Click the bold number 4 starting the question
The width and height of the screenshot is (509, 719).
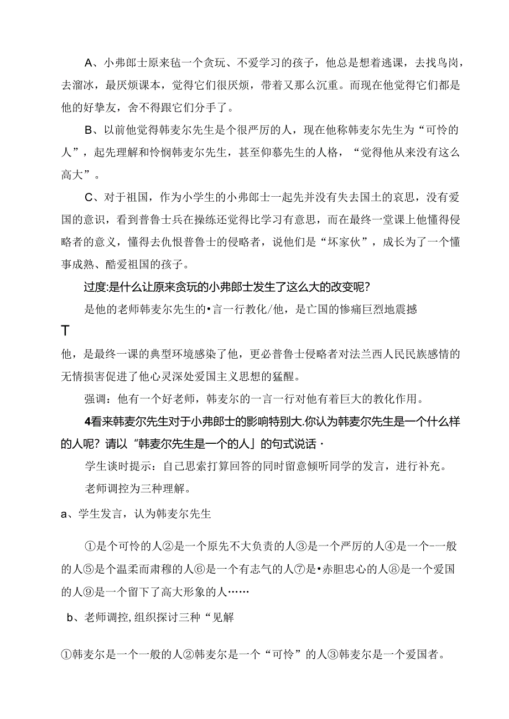[87, 421]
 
